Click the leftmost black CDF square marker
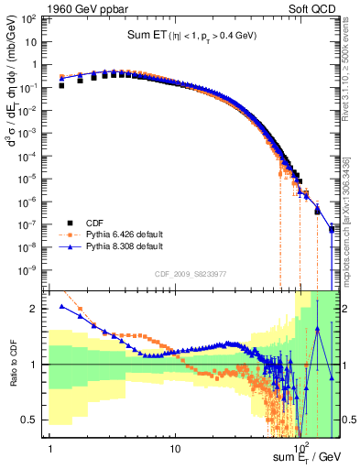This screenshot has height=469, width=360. [61, 85]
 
